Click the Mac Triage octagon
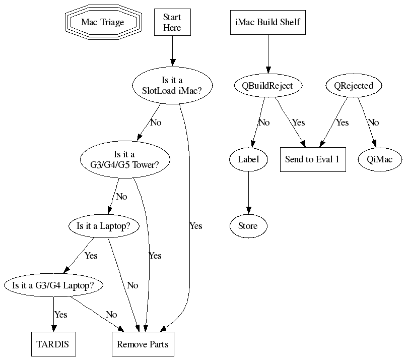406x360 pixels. [102, 22]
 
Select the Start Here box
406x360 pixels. [172, 23]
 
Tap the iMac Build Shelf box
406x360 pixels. [268, 22]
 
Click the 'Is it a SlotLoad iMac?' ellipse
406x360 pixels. [172, 86]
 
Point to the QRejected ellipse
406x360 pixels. [354, 86]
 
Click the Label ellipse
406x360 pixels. [248, 159]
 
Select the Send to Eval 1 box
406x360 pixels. [313, 159]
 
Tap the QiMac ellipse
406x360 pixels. [380, 159]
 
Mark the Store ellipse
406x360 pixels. [248, 226]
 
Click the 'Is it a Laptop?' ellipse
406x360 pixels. [104, 226]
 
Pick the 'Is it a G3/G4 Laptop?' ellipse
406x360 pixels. [53, 285]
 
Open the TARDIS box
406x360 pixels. [52, 345]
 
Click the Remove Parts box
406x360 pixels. [143, 345]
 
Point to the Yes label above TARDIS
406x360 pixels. [60, 315]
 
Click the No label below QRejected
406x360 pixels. [373, 123]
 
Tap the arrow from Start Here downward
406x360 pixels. [172, 53]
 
